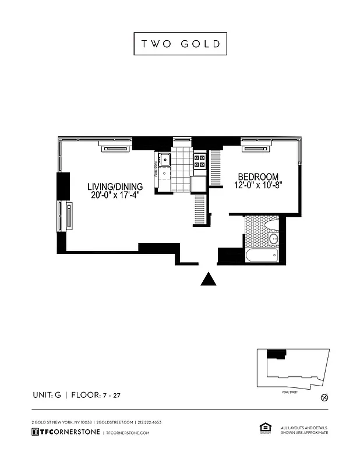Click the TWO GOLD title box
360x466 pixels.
[180, 43]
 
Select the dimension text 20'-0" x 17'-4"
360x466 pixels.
[115, 196]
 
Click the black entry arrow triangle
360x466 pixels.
[209, 280]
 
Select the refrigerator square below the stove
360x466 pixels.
[199, 183]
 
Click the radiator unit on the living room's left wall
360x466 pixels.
[69, 216]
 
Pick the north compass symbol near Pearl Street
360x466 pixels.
[325, 398]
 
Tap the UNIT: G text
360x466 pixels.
[47, 396]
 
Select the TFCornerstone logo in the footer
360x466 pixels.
[65, 432]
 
